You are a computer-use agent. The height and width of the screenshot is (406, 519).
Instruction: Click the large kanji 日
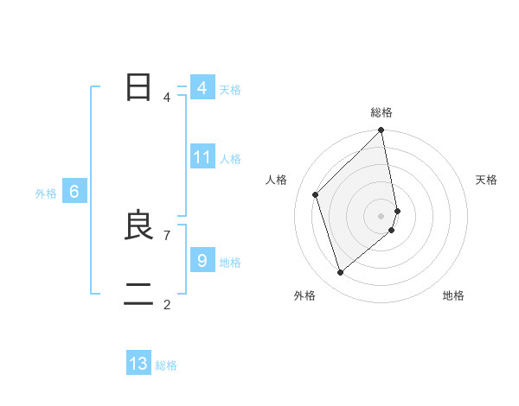coord(138,88)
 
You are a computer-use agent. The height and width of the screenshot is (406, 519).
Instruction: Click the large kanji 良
coord(138,226)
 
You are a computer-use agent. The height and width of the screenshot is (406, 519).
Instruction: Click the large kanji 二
coord(138,295)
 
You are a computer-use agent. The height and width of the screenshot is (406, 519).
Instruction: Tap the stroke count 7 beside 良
coord(166,235)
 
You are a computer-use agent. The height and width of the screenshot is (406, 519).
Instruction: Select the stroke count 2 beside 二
coord(166,304)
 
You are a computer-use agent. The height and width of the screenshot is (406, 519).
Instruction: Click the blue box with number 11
coord(202,157)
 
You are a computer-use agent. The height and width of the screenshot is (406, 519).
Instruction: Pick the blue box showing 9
coord(202,260)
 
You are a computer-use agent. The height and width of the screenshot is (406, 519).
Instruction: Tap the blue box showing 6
coord(74,192)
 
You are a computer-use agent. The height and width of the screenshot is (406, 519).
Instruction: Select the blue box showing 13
coord(138,364)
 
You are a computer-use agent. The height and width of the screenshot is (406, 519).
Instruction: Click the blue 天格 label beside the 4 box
coord(230,90)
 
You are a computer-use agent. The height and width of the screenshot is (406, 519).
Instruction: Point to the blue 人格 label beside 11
coord(230,159)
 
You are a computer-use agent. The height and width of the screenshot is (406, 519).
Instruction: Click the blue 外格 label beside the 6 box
coord(46,193)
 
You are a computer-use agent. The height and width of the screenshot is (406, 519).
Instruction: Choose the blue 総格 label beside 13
coord(166,365)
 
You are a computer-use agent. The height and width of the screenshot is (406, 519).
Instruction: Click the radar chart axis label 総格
coord(381,112)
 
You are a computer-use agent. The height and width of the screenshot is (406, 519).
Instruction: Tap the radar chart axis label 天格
coord(487,180)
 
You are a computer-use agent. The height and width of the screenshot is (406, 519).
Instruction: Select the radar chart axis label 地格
coord(453,296)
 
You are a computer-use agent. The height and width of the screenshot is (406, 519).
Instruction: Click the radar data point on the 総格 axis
coord(381,130)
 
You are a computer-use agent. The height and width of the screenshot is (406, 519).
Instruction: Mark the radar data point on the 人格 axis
coord(316,194)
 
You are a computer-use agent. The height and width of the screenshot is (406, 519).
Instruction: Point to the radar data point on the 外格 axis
coord(341,272)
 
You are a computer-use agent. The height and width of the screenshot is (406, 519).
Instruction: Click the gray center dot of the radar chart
coord(381,215)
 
